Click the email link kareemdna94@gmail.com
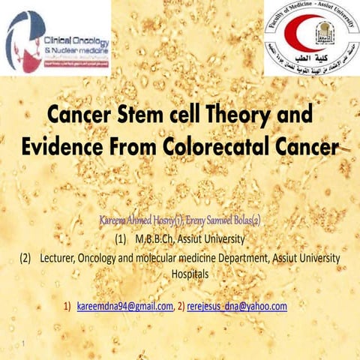tap(124, 307)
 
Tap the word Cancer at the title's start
tap(77, 117)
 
